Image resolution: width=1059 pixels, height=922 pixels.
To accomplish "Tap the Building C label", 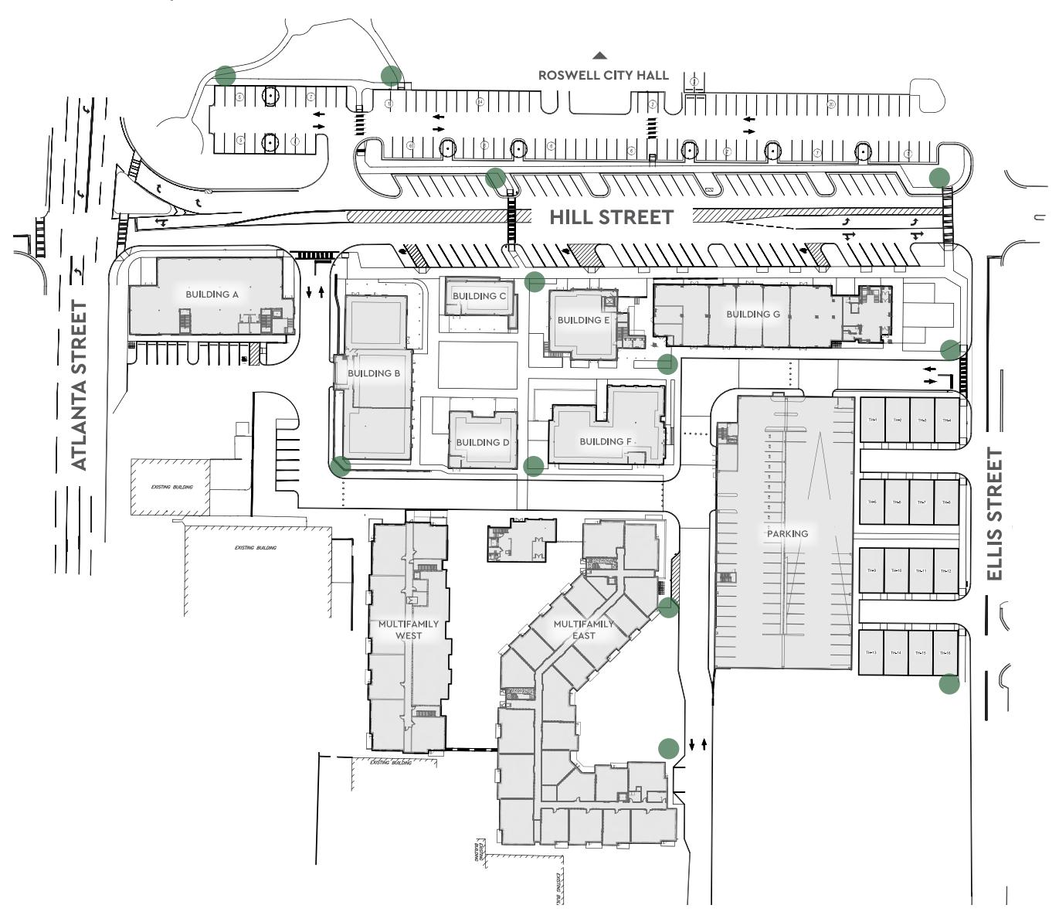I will click(x=479, y=296).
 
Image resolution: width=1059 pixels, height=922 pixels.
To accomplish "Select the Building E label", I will click(x=584, y=320).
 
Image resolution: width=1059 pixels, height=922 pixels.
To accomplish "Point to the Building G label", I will click(x=753, y=314).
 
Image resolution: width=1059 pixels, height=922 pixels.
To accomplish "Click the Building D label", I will click(x=482, y=443).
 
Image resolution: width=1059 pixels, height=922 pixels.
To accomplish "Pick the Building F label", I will click(x=606, y=441).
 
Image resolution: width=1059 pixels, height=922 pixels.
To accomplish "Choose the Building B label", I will click(x=374, y=373).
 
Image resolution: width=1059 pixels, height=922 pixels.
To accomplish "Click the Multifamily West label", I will click(x=409, y=630).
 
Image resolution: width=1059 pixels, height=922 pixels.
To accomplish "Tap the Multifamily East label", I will click(x=584, y=630).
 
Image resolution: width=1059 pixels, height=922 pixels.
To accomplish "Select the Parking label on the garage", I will click(x=787, y=533).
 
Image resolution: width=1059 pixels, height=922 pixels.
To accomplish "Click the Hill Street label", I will click(x=611, y=218).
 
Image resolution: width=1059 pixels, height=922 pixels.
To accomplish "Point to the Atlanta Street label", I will click(x=80, y=386).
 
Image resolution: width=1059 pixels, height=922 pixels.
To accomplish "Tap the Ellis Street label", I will click(x=995, y=515).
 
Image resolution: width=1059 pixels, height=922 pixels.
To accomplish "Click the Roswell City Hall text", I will click(x=603, y=76).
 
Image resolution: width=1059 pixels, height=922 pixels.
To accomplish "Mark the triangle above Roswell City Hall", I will click(x=599, y=56).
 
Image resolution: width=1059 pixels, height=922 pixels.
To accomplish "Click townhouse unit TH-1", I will click(x=873, y=420).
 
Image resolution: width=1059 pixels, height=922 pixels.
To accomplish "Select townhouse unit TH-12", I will click(x=945, y=571).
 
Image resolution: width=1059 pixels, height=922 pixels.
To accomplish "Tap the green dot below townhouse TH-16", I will click(x=949, y=684).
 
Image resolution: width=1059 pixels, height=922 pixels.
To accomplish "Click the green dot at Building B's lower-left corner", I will click(x=341, y=466).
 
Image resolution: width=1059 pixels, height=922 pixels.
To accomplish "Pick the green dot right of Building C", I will click(x=535, y=281).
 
